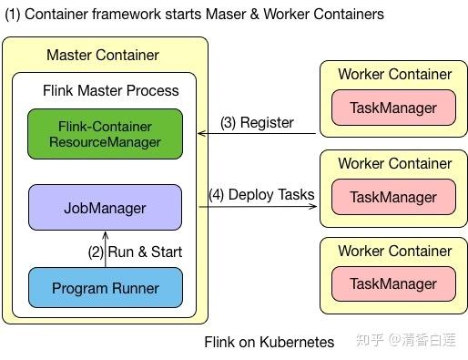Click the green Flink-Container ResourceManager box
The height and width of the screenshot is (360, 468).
tap(105, 134)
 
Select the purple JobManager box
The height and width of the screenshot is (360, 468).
tap(105, 208)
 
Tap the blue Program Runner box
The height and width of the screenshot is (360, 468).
tap(105, 288)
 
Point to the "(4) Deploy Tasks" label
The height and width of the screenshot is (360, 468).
tap(260, 194)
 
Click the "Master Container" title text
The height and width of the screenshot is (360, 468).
tap(103, 56)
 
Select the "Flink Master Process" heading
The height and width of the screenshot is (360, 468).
tap(110, 91)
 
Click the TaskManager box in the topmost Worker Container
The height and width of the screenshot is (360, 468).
tap(394, 108)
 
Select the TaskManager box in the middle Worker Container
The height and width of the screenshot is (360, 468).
tap(394, 197)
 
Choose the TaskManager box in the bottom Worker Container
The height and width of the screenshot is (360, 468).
tap(394, 284)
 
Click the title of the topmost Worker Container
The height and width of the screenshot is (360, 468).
tap(394, 74)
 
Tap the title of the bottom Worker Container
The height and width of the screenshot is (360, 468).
tap(394, 251)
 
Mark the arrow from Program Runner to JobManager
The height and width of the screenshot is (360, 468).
tap(105, 250)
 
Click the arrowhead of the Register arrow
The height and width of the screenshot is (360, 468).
tap(203, 134)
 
